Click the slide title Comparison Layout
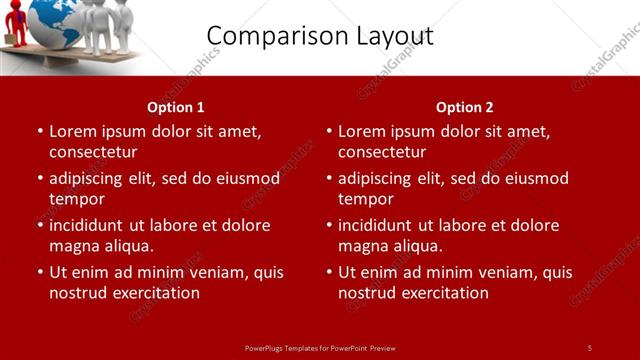click(320, 37)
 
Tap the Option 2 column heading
click(464, 107)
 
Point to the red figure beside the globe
click(13, 26)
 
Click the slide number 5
click(589, 347)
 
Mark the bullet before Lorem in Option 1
click(39, 131)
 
